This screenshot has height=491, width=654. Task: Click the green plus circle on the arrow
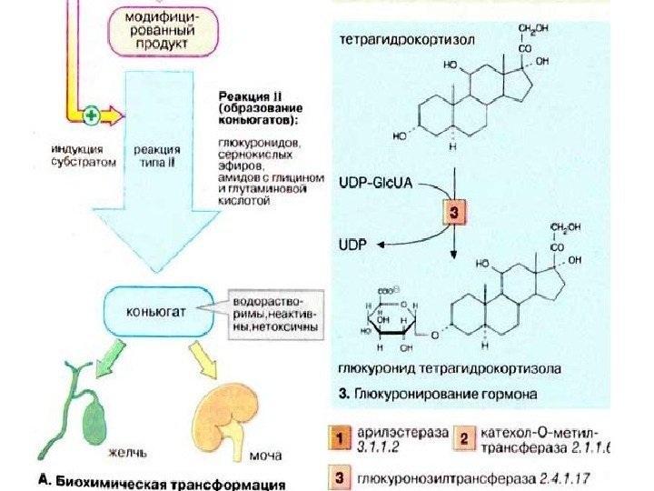click(91, 115)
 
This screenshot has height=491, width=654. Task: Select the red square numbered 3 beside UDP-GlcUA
click(453, 215)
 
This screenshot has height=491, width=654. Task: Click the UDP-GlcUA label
click(374, 183)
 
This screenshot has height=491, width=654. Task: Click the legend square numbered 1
click(339, 440)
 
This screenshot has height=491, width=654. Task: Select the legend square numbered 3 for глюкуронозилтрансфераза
click(339, 476)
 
